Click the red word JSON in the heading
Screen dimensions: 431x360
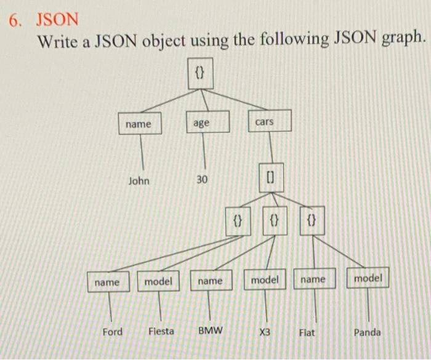(57, 18)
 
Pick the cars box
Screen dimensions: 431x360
(264, 122)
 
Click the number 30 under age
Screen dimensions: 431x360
(202, 179)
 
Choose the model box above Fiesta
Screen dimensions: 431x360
(158, 281)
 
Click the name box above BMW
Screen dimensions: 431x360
(211, 281)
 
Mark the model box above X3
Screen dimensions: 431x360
(265, 279)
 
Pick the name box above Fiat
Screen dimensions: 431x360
(313, 279)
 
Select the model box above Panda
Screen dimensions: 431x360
(368, 278)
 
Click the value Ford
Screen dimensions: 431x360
(112, 332)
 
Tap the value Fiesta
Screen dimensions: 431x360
(161, 331)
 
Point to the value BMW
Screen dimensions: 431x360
(211, 331)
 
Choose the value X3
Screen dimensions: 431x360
(265, 332)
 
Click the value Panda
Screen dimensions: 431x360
(368, 332)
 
